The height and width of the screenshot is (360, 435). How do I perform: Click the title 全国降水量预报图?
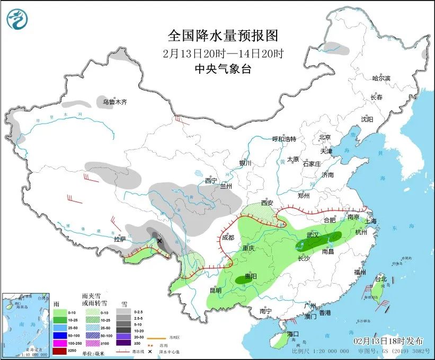coord(223,36)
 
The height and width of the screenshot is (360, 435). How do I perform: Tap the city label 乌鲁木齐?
coord(114,102)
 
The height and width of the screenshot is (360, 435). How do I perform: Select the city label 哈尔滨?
coord(380,78)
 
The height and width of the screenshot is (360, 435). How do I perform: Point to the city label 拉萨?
coord(120,239)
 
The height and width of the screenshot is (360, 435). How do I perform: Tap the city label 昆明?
coord(215,290)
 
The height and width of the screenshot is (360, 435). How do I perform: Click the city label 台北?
coord(380,279)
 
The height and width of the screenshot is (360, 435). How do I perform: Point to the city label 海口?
coord(294,333)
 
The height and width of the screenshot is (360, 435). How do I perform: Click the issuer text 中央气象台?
coord(223,68)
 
